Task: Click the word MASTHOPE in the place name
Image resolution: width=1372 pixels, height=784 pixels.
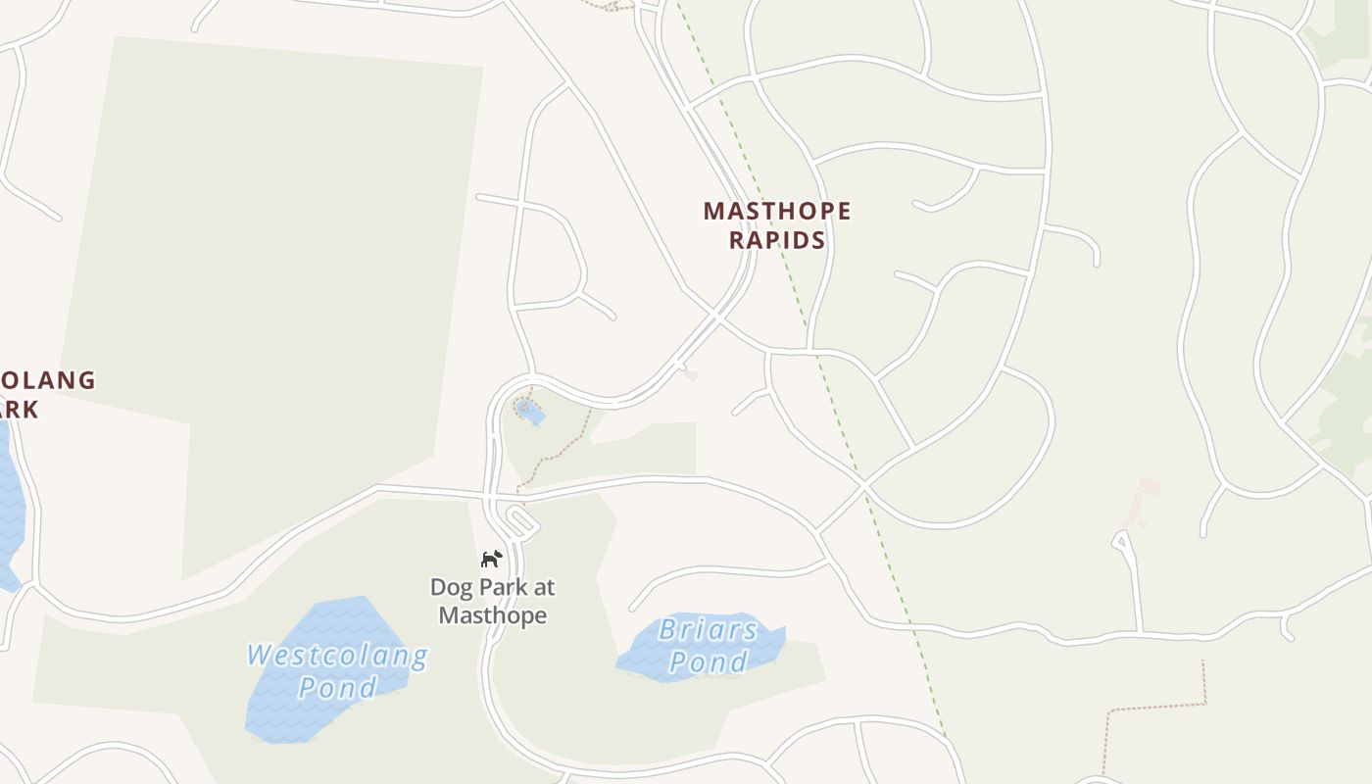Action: [777, 211]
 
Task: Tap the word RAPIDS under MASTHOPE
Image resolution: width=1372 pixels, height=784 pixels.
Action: [777, 240]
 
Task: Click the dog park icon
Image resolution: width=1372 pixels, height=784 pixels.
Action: [491, 559]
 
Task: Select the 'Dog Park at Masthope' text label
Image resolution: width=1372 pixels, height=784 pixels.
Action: [493, 601]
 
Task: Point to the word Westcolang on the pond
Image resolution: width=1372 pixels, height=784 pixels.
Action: [336, 656]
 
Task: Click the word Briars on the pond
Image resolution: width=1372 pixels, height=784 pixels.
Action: [708, 630]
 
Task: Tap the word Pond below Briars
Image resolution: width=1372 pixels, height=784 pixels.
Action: [708, 663]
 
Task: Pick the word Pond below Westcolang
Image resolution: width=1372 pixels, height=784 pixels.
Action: [337, 687]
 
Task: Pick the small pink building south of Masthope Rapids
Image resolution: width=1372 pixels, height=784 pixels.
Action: [691, 373]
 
